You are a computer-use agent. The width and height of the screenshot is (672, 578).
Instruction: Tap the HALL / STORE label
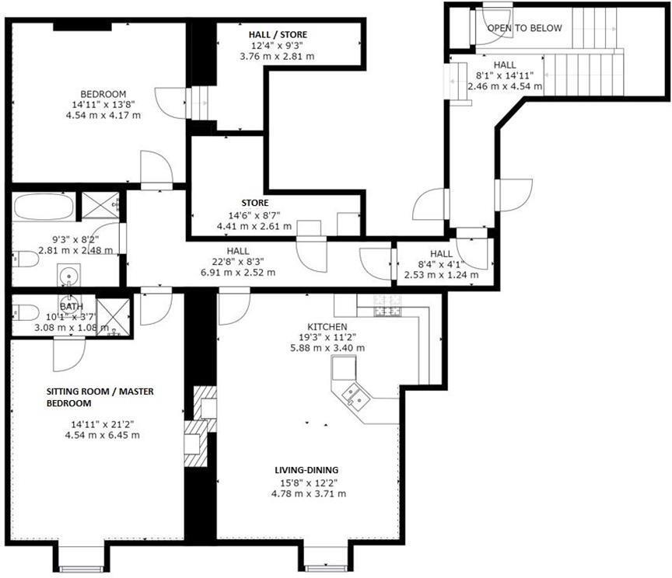click(x=278, y=35)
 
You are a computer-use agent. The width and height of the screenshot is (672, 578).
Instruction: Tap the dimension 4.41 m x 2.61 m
click(x=254, y=227)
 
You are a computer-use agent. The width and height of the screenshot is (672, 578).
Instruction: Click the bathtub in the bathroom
click(x=44, y=207)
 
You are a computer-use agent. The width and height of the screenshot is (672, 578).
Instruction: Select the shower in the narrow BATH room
click(x=113, y=318)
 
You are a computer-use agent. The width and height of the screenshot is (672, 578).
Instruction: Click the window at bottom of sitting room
click(x=82, y=558)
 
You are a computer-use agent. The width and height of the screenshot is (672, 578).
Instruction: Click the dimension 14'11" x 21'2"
click(x=102, y=424)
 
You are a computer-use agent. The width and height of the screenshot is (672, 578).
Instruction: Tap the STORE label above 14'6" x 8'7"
click(x=254, y=204)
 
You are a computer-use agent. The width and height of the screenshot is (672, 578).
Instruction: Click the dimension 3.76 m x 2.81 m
click(x=278, y=56)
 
